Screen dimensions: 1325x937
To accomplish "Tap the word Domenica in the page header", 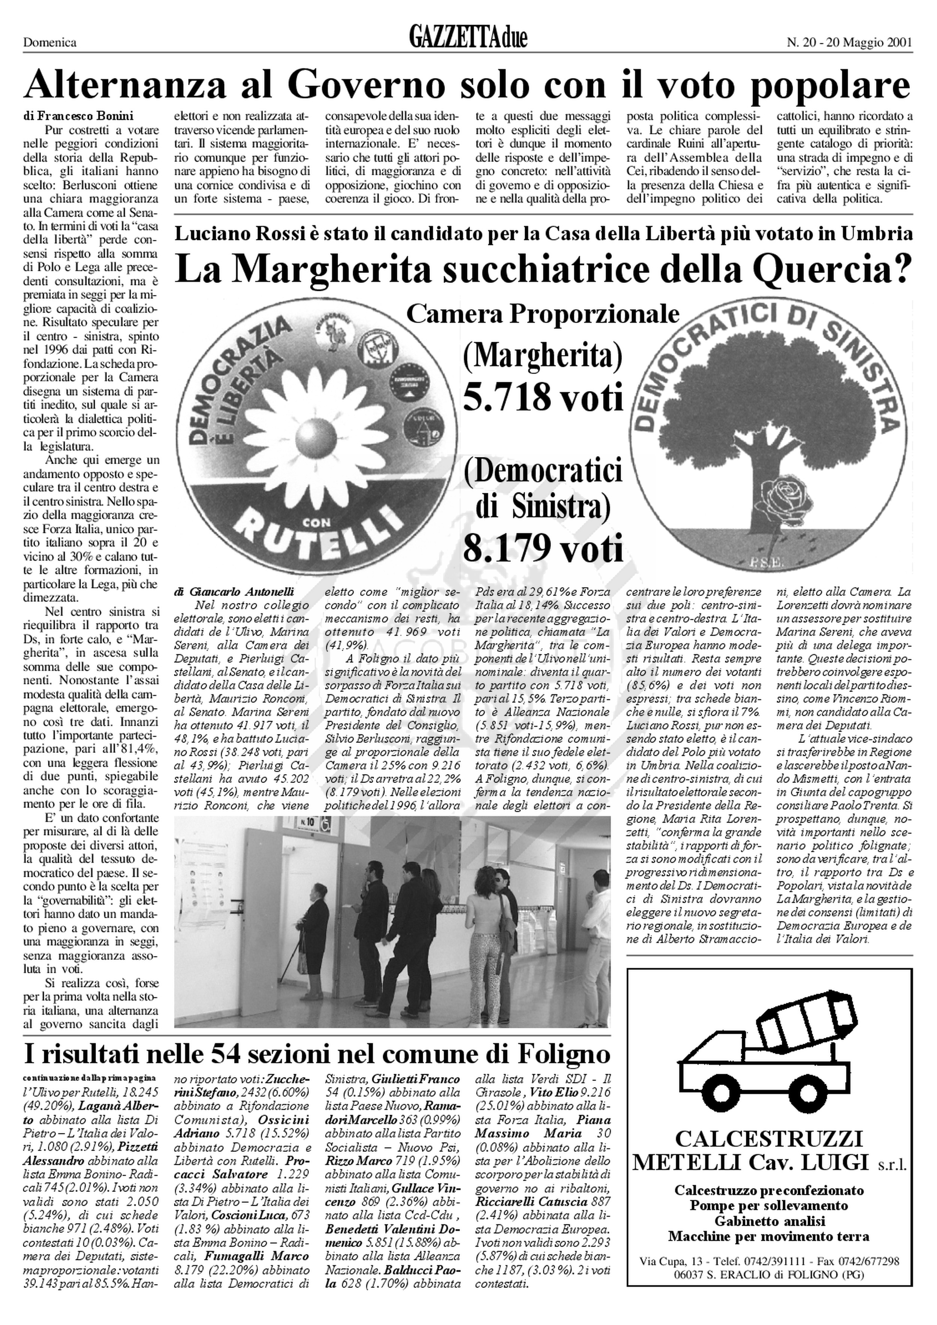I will tap(49, 42).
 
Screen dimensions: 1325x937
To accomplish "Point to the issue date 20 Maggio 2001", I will tap(869, 42).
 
